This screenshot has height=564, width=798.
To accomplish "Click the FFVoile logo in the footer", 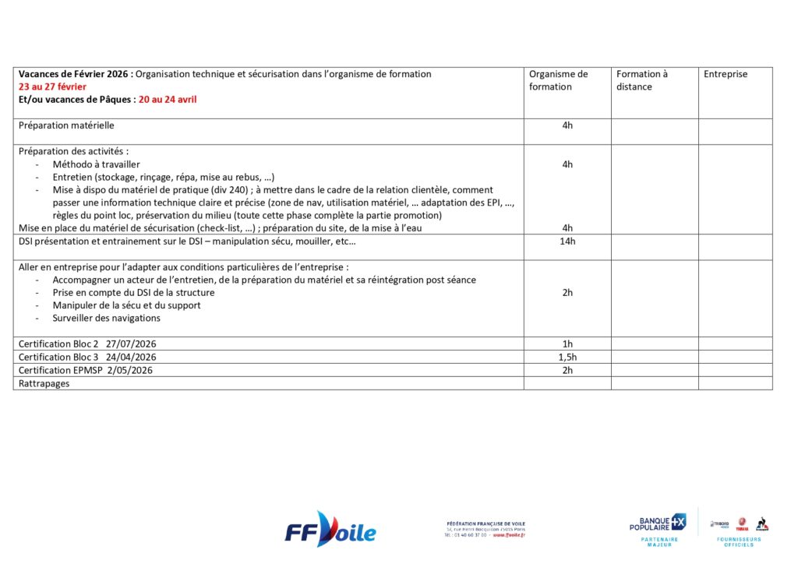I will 330,531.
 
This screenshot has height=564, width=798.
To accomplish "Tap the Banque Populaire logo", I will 657,523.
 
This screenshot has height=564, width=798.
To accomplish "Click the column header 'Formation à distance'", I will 642,80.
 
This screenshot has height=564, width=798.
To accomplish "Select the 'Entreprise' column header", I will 725,74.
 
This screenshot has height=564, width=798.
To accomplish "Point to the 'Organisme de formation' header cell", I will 558,80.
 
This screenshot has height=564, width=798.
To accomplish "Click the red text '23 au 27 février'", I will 52,86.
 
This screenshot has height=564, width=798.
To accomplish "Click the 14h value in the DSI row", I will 567,241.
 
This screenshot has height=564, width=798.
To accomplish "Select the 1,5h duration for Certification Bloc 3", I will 567,357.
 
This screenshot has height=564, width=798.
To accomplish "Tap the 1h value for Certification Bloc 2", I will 567,344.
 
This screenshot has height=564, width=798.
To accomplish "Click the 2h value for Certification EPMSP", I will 567,370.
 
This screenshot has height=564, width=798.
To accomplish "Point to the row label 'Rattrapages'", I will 44,383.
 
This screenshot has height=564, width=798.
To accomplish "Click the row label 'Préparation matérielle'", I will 66,125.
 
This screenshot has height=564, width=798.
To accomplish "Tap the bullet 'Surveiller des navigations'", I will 106,318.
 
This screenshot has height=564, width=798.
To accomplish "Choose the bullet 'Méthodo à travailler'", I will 96,164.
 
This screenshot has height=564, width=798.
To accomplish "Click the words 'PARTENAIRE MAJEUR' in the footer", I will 659,541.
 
